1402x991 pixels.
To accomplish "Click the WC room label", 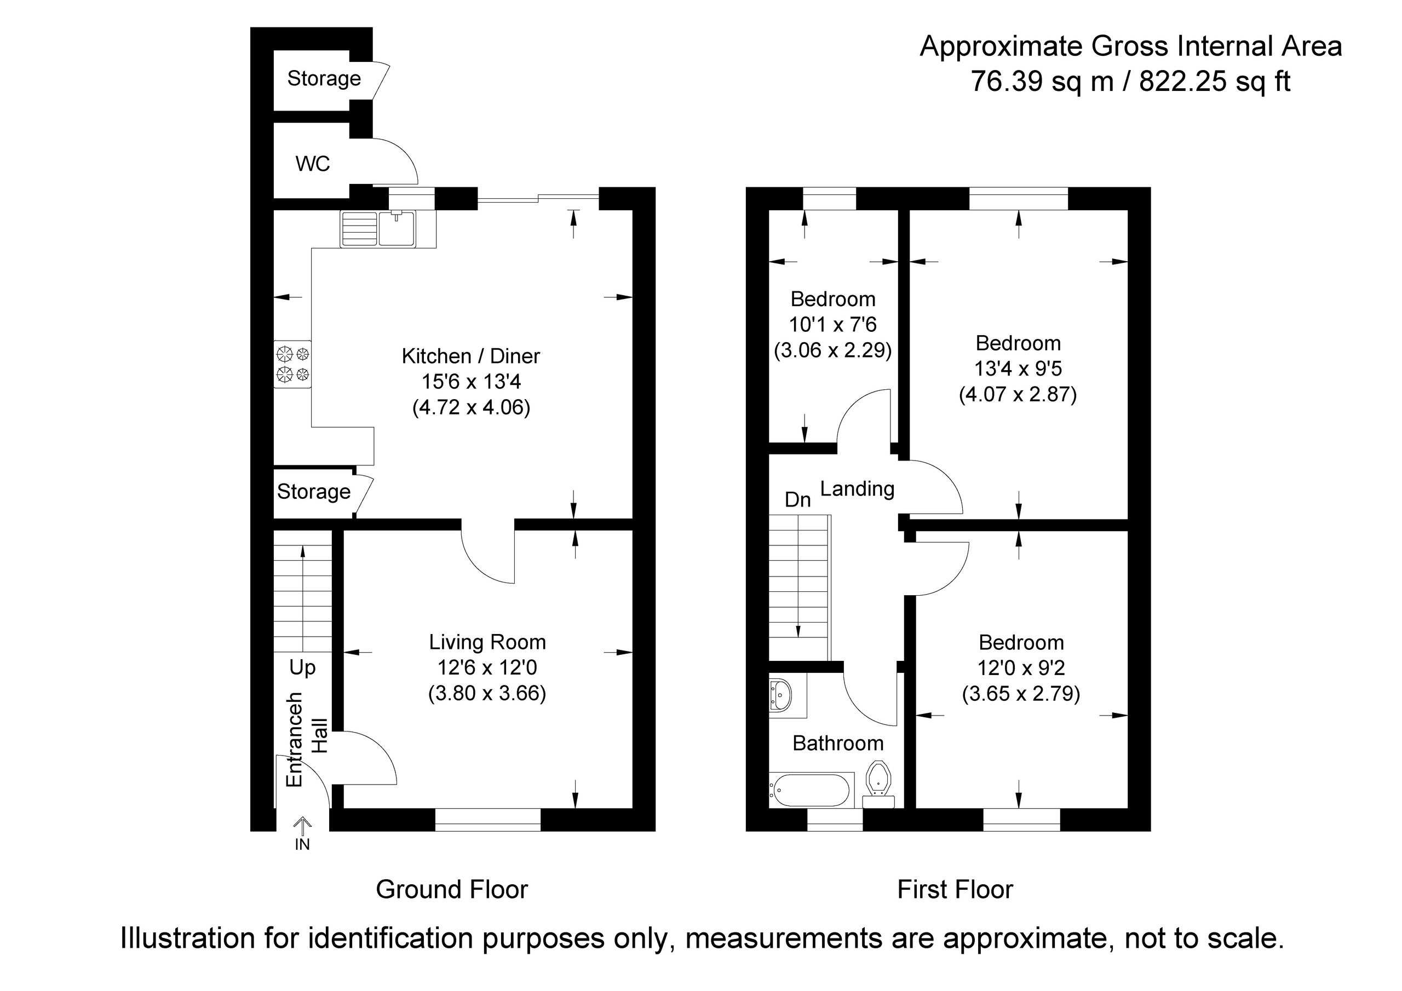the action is pyautogui.click(x=313, y=164).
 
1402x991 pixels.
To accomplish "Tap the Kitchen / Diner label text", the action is pyautogui.click(x=471, y=356).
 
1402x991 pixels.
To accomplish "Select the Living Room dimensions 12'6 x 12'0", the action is pyautogui.click(x=487, y=668).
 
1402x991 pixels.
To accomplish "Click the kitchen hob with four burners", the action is pyautogui.click(x=292, y=364).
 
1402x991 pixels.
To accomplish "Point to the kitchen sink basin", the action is pyautogui.click(x=397, y=228).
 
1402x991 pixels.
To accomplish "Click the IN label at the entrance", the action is pyautogui.click(x=302, y=844).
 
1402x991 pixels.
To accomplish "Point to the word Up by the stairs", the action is pyautogui.click(x=302, y=668).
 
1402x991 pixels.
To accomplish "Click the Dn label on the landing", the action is pyautogui.click(x=797, y=499).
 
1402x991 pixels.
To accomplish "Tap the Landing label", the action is pyautogui.click(x=857, y=488).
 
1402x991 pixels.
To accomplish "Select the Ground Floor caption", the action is pyautogui.click(x=452, y=890).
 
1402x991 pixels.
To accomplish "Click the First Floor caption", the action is pyautogui.click(x=955, y=890).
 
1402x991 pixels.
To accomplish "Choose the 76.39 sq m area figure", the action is pyautogui.click(x=1042, y=81).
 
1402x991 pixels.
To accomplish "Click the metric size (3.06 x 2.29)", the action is pyautogui.click(x=833, y=350).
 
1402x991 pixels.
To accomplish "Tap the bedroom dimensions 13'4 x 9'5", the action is pyautogui.click(x=1018, y=369).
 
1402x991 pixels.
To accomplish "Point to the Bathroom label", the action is pyautogui.click(x=838, y=743).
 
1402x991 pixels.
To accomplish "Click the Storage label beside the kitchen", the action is pyautogui.click(x=314, y=492).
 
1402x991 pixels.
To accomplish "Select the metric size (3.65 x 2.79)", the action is pyautogui.click(x=1021, y=694).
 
